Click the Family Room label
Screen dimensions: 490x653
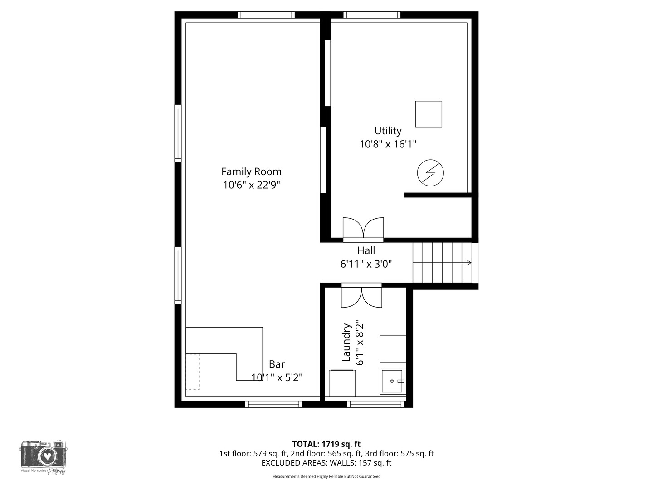[251, 171]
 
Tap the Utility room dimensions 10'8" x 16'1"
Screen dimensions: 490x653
[388, 144]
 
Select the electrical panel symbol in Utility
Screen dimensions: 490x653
[430, 173]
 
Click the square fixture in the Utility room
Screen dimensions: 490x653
[429, 114]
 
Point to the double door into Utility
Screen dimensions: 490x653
[363, 228]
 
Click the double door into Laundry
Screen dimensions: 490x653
[361, 296]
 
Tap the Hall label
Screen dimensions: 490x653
[366, 250]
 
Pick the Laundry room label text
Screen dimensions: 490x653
[346, 343]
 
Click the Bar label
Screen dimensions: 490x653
[277, 364]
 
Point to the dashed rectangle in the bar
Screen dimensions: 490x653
[192, 372]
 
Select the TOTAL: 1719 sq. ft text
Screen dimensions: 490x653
[326, 444]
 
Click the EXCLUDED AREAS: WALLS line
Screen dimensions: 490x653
[326, 463]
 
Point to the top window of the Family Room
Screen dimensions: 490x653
[267, 15]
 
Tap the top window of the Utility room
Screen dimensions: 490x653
[372, 15]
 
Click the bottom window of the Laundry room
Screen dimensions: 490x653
[376, 404]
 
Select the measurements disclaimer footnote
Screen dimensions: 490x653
[326, 476]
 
